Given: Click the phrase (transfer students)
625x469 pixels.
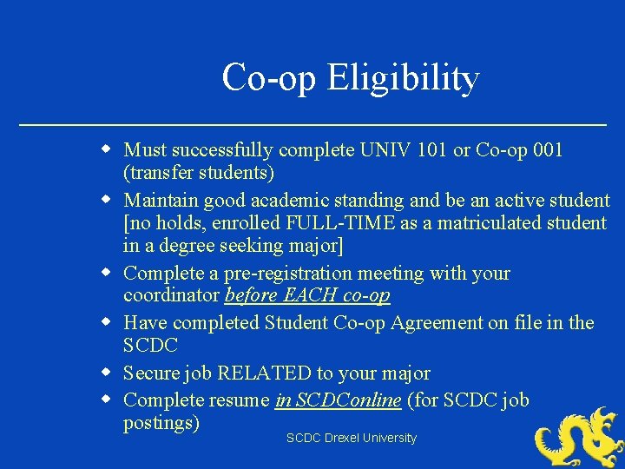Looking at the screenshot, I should tap(199, 173).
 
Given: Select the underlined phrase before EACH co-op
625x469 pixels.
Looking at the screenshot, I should tap(307, 295).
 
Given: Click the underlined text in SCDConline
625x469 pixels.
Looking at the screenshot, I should tap(339, 400).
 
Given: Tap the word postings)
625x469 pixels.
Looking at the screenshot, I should tap(161, 423).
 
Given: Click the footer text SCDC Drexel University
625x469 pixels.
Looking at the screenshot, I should tap(352, 439).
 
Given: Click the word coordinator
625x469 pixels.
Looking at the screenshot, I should tap(172, 295).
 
